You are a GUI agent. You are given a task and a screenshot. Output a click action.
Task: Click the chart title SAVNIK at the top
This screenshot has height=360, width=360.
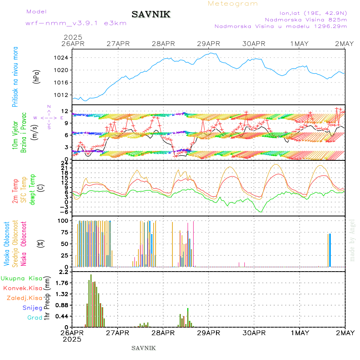[151, 15]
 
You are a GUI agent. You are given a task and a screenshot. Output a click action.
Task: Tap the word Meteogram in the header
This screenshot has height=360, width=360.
[233, 4]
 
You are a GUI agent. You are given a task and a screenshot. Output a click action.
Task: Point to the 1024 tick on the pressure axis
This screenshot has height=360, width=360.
[62, 58]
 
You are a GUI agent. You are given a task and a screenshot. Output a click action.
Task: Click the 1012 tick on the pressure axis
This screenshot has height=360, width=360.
[62, 95]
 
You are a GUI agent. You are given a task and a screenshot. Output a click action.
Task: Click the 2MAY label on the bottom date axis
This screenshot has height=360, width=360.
[345, 333]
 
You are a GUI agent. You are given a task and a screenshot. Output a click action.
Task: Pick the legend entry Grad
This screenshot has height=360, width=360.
[35, 318]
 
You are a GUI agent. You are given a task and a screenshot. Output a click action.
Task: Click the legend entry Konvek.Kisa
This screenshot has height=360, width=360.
[23, 288]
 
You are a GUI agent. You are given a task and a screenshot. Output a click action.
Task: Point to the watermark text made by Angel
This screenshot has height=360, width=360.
[352, 240]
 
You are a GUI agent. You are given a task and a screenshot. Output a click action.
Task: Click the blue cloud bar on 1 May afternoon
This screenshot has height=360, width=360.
[330, 250]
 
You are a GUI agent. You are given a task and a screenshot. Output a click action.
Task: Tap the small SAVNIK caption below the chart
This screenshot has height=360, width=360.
[144, 348]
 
